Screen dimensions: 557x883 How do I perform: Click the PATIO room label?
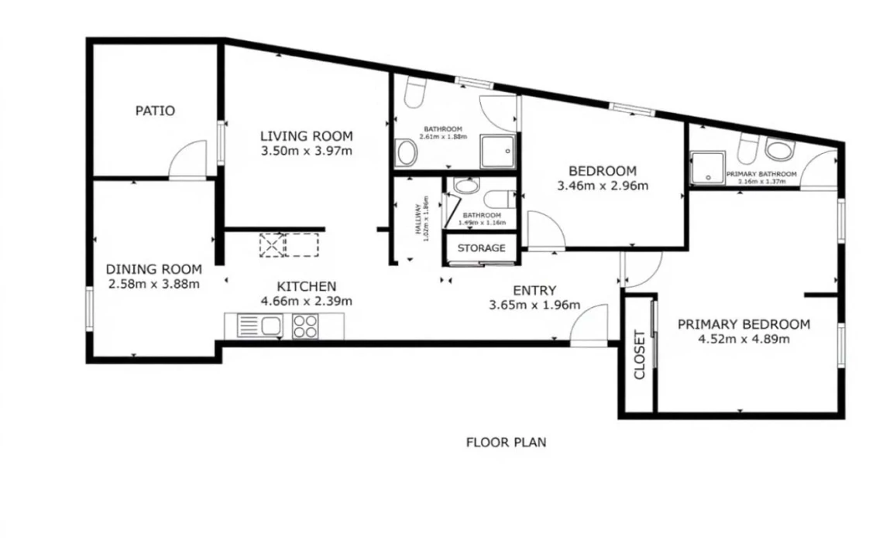point(155,111)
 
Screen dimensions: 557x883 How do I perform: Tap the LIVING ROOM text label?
point(306,136)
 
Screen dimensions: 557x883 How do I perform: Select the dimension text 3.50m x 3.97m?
point(307,151)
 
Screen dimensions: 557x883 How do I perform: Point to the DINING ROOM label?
point(153,269)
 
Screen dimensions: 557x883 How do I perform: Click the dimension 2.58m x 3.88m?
point(153,283)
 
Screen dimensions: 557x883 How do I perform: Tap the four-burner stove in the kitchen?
point(305,326)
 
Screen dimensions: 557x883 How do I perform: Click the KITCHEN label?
point(307,286)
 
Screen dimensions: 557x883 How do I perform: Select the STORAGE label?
point(481,248)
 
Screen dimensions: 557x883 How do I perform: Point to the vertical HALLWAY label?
point(418,220)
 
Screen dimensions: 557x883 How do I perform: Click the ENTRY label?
point(534,290)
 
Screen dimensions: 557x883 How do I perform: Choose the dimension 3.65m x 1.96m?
point(534,305)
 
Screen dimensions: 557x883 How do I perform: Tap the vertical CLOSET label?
point(640,355)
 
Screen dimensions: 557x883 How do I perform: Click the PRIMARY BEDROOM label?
point(744,324)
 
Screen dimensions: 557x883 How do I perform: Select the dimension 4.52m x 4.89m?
point(744,339)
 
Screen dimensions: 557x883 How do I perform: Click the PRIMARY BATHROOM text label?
point(761,174)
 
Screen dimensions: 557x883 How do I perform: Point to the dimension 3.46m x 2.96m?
point(603,186)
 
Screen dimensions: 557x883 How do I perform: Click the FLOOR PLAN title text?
point(506,443)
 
